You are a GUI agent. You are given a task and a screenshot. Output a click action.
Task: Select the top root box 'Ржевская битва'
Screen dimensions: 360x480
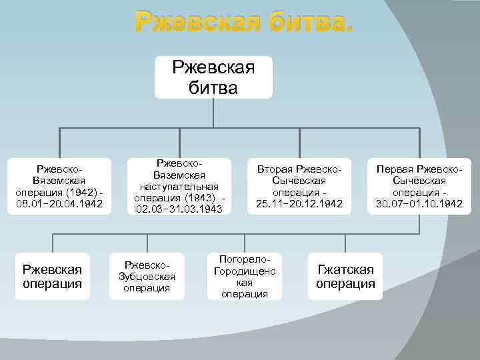(213, 77)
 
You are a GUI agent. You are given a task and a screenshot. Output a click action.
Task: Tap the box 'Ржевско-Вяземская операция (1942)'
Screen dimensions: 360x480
(59, 186)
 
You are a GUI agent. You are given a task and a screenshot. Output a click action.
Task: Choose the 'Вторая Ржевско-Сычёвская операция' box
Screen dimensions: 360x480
(299, 186)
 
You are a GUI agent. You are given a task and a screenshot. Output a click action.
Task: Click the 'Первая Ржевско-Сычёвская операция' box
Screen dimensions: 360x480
(419, 186)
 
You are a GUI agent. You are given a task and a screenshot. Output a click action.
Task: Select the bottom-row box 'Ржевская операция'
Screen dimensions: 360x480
(52, 277)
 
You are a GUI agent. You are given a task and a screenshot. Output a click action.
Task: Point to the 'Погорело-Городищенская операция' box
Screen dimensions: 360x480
(245, 277)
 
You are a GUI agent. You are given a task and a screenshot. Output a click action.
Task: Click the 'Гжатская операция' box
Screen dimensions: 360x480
(345, 277)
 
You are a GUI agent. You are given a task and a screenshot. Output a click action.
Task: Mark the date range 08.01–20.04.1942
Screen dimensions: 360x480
(59, 203)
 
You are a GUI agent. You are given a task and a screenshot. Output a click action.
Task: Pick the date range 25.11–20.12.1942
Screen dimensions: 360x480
(299, 203)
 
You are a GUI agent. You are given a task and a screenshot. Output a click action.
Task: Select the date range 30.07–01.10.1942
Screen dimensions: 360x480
(419, 203)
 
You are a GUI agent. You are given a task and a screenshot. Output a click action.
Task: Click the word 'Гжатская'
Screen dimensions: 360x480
(345, 269)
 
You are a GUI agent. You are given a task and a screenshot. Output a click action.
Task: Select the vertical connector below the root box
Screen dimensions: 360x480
(213, 113)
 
